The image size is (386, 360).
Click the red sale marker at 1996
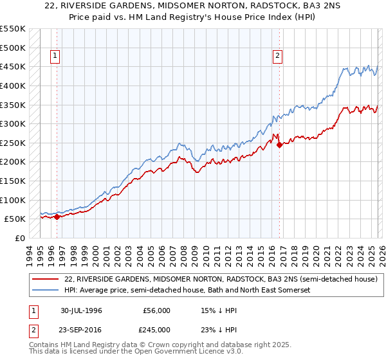pyautogui.click(x=57, y=217)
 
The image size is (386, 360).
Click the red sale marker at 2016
pyautogui.click(x=279, y=145)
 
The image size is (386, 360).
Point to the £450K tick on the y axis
pyautogui.click(x=14, y=66)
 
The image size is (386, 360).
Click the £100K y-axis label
pyautogui.click(x=14, y=200)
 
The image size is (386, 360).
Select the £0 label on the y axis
pyautogui.click(x=20, y=238)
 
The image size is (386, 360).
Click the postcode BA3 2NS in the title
pyautogui.click(x=291, y=7)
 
